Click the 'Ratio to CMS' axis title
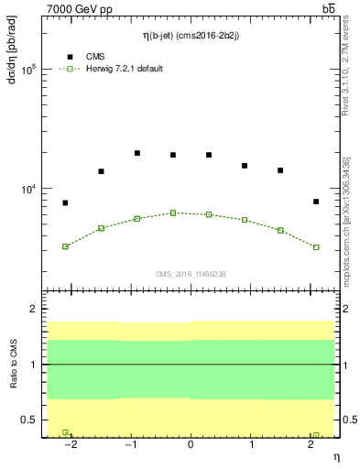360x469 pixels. point(12,365)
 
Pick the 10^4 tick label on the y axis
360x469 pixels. point(29,190)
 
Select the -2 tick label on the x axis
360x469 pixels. point(69,445)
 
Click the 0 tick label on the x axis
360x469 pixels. point(191,445)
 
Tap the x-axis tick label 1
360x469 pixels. point(250,445)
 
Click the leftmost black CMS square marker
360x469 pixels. point(65,202)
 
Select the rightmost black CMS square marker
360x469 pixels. point(316,202)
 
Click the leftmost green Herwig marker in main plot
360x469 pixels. point(65,246)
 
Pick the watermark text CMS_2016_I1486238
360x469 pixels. point(191,274)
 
